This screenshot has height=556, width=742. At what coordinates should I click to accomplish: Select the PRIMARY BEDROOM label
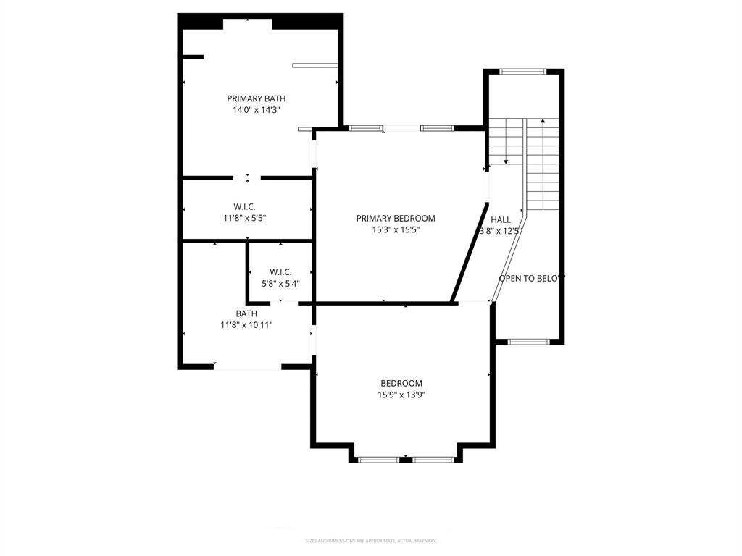395,218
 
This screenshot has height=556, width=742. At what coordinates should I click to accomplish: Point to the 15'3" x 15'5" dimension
395,229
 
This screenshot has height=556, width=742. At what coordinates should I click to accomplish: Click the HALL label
501,219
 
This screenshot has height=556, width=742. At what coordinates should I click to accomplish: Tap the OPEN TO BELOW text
531,277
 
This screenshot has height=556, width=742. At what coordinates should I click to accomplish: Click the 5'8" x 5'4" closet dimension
280,284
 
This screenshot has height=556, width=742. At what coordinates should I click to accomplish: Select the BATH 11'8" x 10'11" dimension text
246,325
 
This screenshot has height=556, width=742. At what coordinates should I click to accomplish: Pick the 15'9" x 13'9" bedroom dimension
401,395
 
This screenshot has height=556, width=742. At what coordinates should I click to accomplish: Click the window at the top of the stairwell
522,71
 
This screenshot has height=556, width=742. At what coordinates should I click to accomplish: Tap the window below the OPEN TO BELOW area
528,341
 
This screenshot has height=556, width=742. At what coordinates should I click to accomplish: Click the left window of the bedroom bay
379,459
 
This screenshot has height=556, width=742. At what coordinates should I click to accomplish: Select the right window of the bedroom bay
433,459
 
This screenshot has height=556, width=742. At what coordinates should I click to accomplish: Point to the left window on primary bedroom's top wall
366,128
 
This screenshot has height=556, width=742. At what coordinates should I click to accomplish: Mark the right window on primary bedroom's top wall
437,128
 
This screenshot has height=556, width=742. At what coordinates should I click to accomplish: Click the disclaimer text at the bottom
371,541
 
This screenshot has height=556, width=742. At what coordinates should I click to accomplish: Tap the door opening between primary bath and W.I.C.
247,177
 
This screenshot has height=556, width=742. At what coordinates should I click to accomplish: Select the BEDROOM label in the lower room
401,383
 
